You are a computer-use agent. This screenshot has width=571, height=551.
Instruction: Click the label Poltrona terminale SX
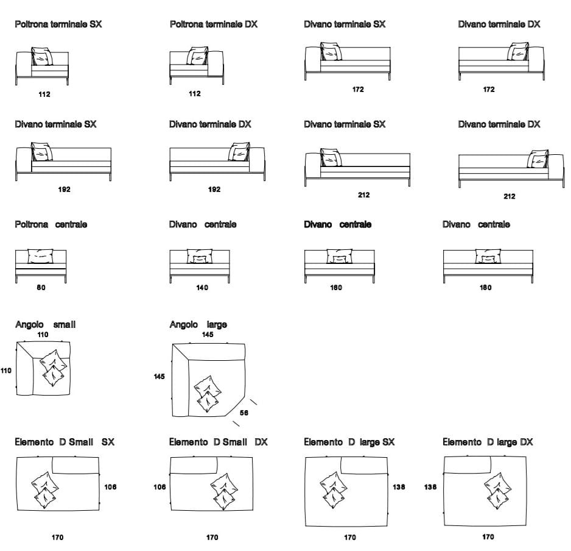click(58, 24)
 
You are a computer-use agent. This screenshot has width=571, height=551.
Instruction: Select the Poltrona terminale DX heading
click(213, 24)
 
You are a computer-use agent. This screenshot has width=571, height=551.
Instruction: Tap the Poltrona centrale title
click(51, 224)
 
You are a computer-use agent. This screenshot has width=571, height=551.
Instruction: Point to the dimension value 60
click(41, 288)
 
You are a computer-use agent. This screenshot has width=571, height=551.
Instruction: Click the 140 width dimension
click(202, 288)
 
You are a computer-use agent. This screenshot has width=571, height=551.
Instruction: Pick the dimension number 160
click(336, 288)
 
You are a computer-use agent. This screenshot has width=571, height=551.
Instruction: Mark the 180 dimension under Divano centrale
click(485, 288)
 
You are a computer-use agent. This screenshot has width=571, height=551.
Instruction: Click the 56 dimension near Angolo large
click(244, 413)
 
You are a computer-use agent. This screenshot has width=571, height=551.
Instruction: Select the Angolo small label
click(45, 325)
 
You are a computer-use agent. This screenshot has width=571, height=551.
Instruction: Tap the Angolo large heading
click(198, 325)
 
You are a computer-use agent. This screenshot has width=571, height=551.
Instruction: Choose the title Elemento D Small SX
click(65, 442)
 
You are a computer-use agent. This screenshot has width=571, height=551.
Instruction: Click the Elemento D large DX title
click(488, 442)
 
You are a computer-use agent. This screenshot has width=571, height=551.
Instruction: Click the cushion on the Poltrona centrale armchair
click(41, 256)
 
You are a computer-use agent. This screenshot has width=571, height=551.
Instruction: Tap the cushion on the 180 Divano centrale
click(488, 256)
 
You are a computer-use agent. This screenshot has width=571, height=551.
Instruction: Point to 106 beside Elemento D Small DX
click(160, 487)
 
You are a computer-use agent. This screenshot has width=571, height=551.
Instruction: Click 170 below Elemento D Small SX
click(57, 538)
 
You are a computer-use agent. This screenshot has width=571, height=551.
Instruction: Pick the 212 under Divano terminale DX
click(509, 196)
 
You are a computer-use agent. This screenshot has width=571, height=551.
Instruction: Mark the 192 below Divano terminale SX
click(64, 190)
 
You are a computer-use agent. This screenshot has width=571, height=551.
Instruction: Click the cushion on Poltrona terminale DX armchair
click(198, 57)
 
